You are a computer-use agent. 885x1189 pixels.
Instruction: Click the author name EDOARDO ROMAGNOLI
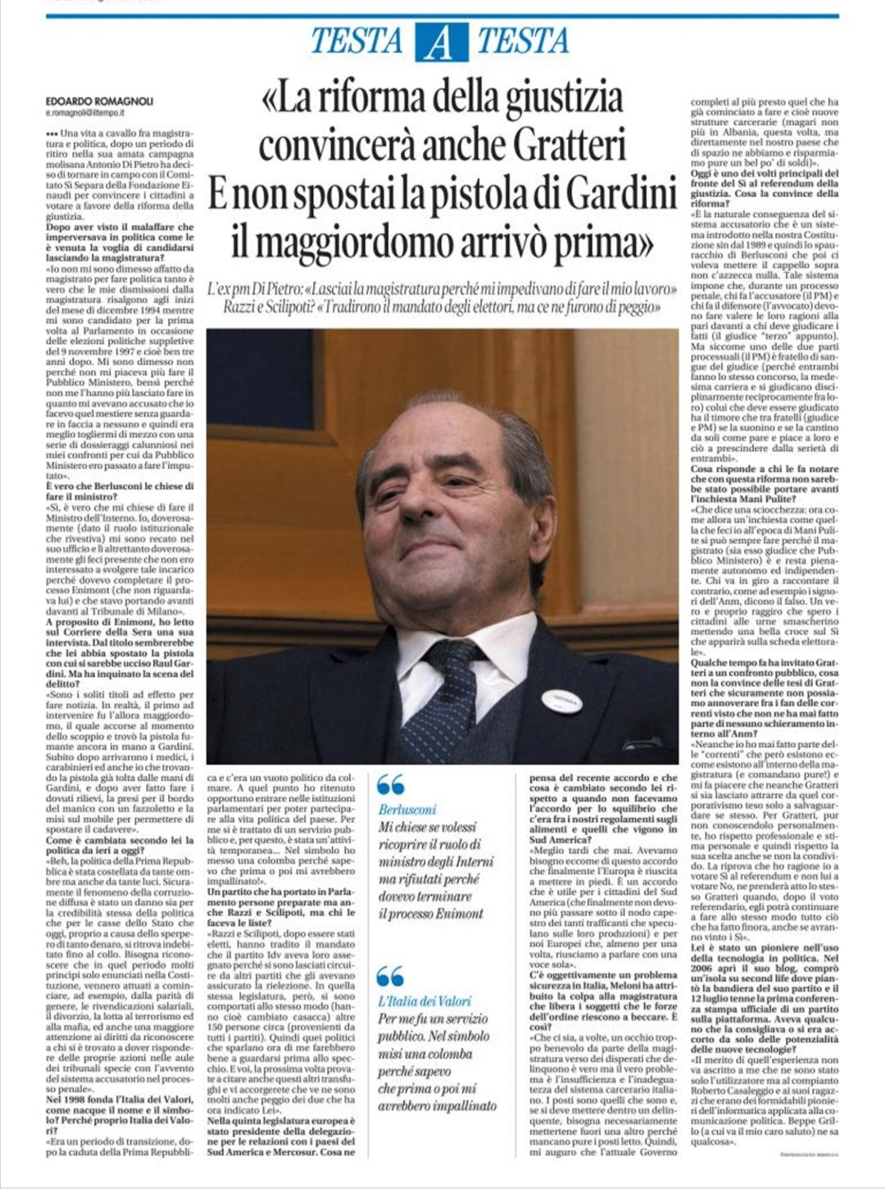pyautogui.click(x=99, y=101)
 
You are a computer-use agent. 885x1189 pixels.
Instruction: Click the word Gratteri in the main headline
pyautogui.click(x=569, y=144)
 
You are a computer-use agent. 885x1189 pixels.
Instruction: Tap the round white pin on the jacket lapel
pyautogui.click(x=561, y=700)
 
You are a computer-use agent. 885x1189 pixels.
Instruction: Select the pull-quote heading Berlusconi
pyautogui.click(x=407, y=810)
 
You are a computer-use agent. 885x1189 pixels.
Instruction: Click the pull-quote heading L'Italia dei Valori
pyautogui.click(x=424, y=1001)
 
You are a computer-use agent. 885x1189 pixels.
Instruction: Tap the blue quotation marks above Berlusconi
pyautogui.click(x=391, y=784)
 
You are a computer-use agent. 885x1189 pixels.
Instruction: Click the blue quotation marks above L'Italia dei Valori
pyautogui.click(x=391, y=976)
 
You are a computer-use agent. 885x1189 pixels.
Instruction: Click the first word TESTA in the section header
pyautogui.click(x=356, y=41)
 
